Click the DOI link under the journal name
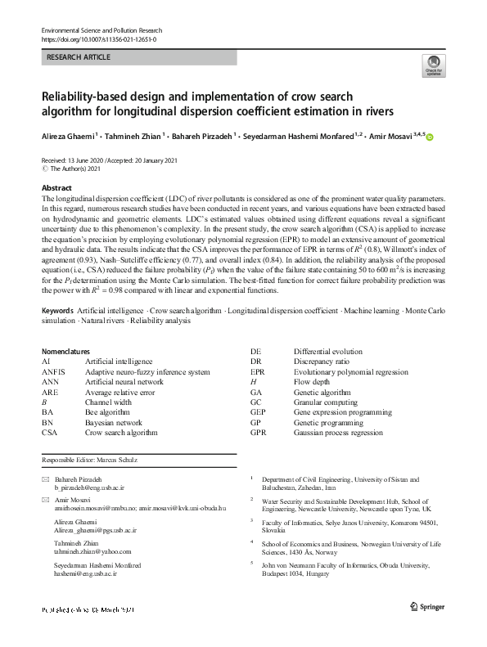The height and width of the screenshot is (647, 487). tap(99, 39)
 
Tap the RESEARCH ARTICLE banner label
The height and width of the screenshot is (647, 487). tap(79, 58)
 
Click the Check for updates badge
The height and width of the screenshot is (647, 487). tap(434, 65)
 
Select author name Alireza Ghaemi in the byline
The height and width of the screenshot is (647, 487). tap(68, 137)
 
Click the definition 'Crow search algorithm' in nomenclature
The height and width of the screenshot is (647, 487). tap(121, 432)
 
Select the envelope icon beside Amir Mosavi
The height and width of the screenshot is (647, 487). tap(46, 499)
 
